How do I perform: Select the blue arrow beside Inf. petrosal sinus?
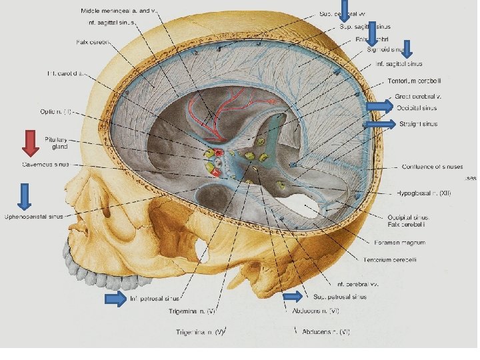pyautogui.click(x=116, y=299)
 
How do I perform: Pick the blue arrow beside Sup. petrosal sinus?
pyautogui.click(x=292, y=297)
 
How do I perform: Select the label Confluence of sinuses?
pyautogui.click(x=431, y=167)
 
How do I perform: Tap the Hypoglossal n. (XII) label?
pyautogui.click(x=427, y=193)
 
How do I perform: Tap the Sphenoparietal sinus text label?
pyautogui.click(x=34, y=217)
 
